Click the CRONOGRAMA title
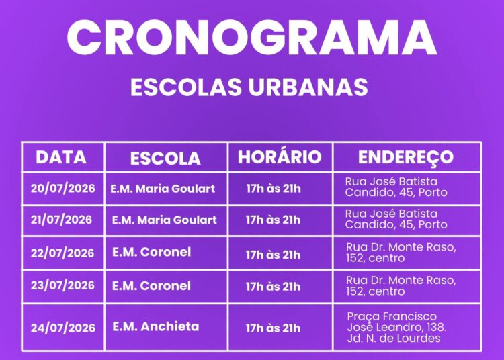(252, 38)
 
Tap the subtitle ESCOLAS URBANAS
(249, 87)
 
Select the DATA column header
(61, 157)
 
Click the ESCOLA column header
(165, 159)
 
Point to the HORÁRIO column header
(280, 156)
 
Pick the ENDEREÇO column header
(406, 157)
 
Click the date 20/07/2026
(63, 188)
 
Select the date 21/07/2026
(61, 220)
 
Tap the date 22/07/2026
(62, 253)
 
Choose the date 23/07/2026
(62, 285)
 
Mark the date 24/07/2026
(63, 328)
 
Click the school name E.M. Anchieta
(156, 326)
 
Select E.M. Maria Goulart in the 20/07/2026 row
(163, 189)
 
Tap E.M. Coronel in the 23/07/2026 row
(151, 286)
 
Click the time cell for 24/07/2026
(274, 328)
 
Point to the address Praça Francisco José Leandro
(396, 327)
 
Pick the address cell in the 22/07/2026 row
(401, 253)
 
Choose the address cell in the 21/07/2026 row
(396, 219)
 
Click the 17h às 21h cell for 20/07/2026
(274, 189)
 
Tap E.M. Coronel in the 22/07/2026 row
(151, 252)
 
